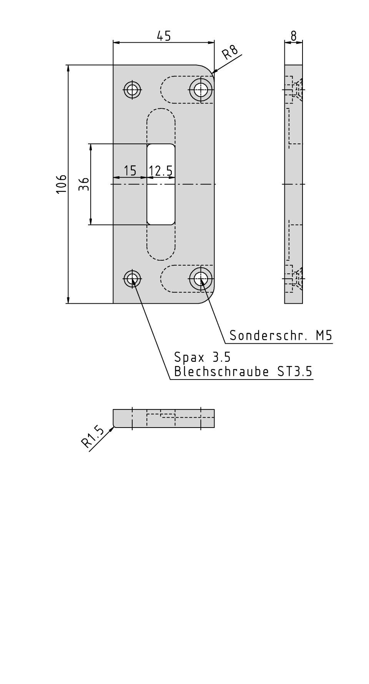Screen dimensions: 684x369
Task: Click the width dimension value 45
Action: pyautogui.click(x=163, y=36)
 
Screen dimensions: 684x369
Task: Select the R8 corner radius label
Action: pyautogui.click(x=231, y=52)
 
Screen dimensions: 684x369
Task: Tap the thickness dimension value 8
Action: pyautogui.click(x=294, y=36)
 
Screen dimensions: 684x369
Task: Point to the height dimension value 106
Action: pyautogui.click(x=62, y=184)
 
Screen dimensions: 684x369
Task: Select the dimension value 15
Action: pyautogui.click(x=130, y=170)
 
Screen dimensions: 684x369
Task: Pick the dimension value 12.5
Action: pyautogui.click(x=161, y=170)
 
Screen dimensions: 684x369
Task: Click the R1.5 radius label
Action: pyautogui.click(x=93, y=438)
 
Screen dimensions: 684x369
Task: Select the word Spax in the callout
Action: pyautogui.click(x=189, y=357)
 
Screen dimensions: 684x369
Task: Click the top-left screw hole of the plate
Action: pyautogui.click(x=133, y=90)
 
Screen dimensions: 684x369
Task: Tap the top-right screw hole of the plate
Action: pyautogui.click(x=201, y=90)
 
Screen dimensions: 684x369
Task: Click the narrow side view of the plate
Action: pyautogui.click(x=294, y=184)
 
